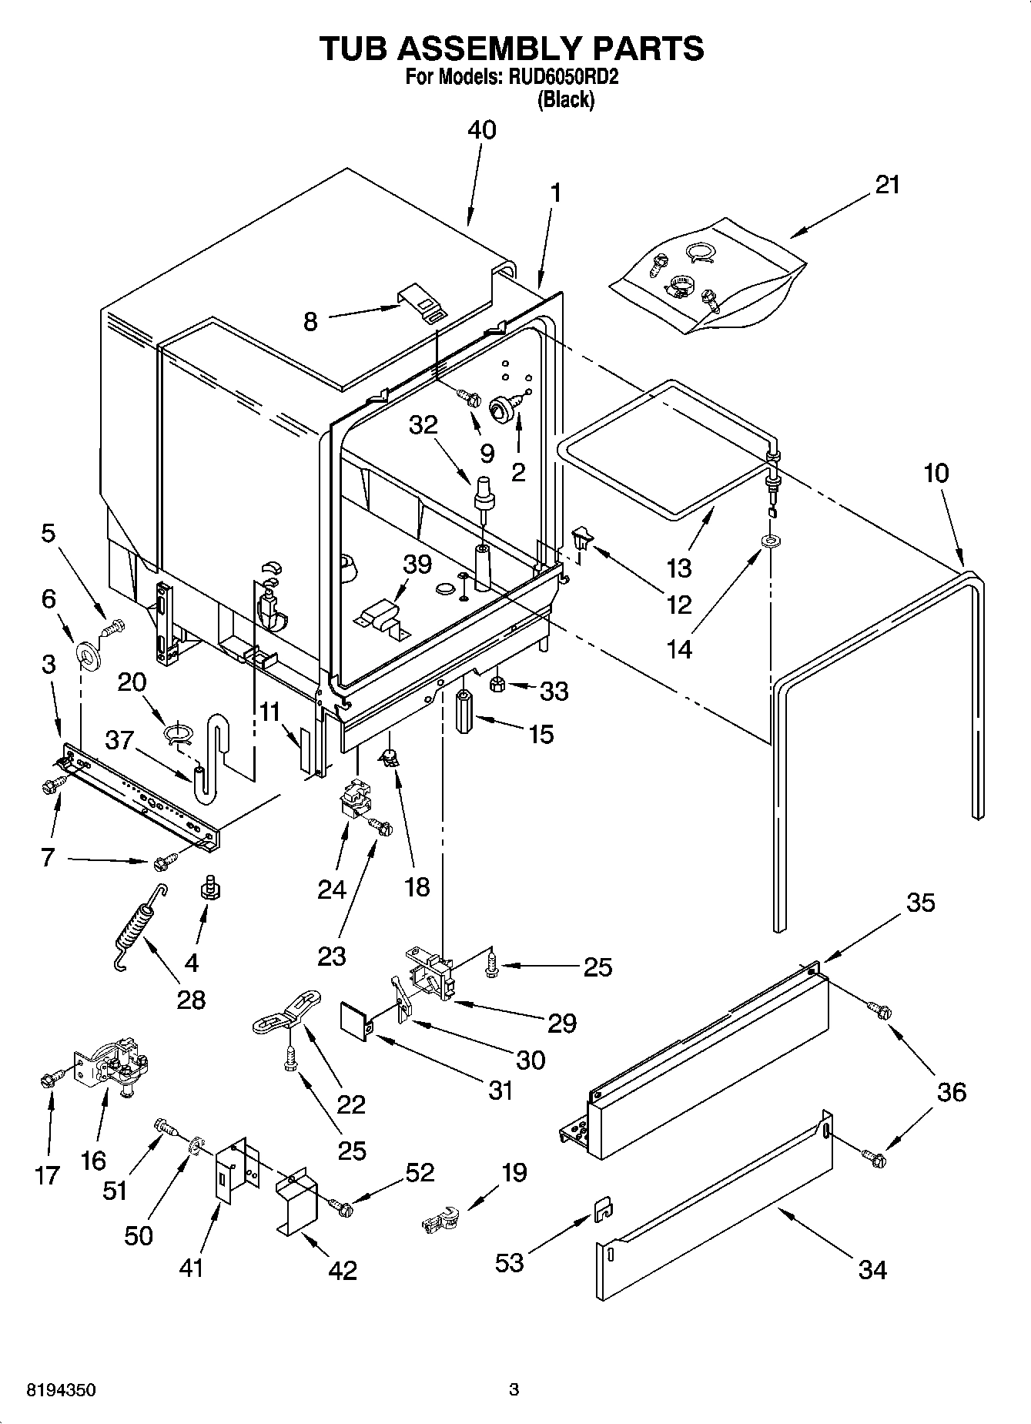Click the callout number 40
(x=482, y=130)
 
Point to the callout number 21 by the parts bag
(x=887, y=185)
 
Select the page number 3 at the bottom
(x=514, y=1390)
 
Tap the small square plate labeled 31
(x=354, y=1020)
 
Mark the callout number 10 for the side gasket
(x=936, y=473)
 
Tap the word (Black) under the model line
(x=566, y=99)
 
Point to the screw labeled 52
(x=341, y=1208)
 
